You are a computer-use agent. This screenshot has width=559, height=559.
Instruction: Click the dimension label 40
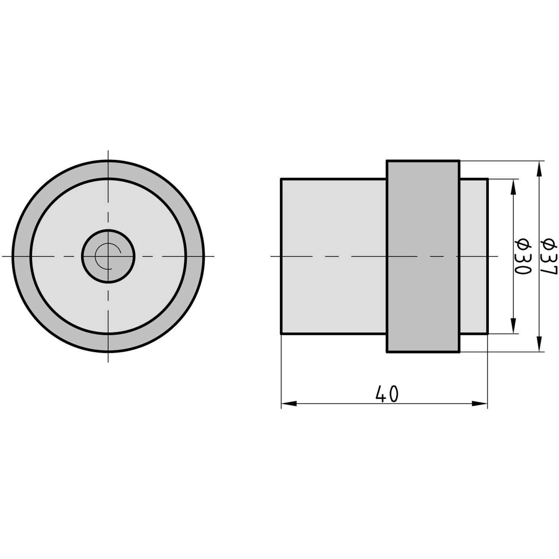(x=387, y=394)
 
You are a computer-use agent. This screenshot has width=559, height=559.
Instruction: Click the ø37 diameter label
(x=548, y=256)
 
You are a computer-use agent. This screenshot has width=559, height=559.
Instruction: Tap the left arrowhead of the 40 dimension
(x=289, y=403)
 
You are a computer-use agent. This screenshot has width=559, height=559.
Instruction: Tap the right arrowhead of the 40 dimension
(x=480, y=403)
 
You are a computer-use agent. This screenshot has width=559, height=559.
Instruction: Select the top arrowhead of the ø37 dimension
(x=539, y=168)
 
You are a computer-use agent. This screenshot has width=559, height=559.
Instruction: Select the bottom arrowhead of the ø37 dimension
(x=539, y=344)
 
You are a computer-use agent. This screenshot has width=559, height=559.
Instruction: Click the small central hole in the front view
(x=108, y=256)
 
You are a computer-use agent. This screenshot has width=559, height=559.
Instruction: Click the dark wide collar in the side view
(x=423, y=256)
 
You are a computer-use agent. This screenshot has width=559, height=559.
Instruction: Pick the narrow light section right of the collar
(x=473, y=256)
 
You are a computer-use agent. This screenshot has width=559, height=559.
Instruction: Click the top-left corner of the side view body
(x=281, y=179)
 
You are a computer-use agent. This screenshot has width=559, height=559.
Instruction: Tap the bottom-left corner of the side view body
(x=281, y=334)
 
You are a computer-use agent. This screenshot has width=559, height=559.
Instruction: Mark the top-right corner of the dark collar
(x=459, y=161)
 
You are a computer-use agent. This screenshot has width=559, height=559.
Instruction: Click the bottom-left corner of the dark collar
(x=387, y=351)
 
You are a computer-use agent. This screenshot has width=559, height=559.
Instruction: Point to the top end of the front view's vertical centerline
(x=108, y=151)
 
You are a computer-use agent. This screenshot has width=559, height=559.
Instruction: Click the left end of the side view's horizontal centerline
(x=271, y=256)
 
